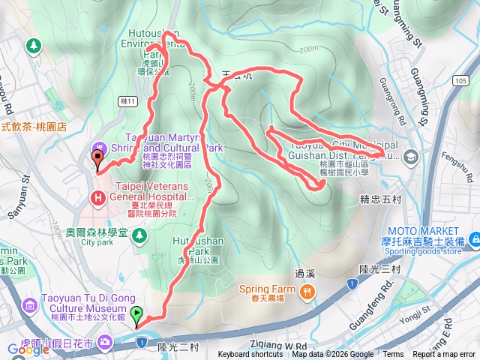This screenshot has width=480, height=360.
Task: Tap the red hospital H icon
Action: pos(97,198)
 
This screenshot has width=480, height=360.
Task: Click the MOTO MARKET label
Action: pos(423,230)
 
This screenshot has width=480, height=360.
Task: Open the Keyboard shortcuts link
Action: pos(251,355)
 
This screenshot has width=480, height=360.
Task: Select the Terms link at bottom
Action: pos(393,355)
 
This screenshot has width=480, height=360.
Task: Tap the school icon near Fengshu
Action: pos(410,157)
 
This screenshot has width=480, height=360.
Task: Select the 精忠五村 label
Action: pos(379,199)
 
